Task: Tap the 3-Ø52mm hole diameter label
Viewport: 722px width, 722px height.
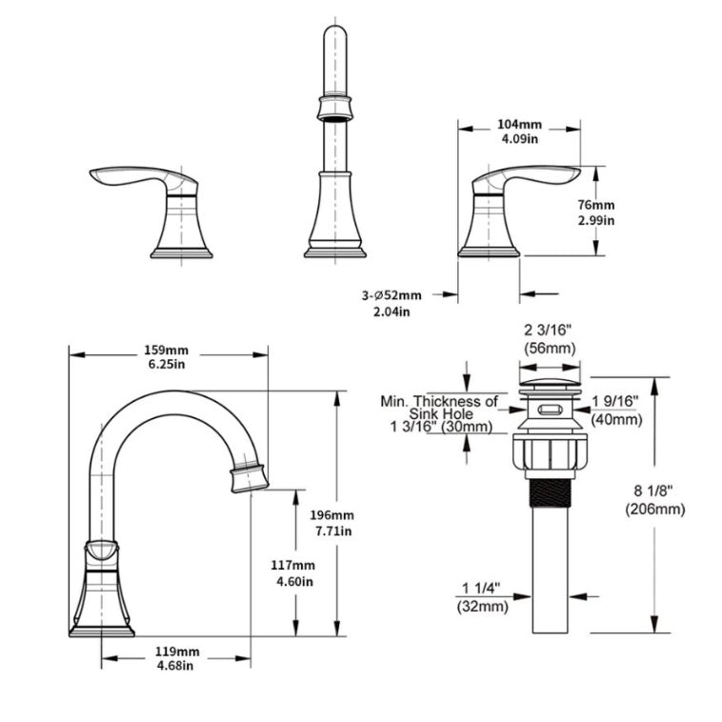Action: [x=391, y=295]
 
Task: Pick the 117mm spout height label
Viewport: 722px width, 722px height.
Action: [x=292, y=564]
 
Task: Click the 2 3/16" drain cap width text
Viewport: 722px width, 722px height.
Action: [x=550, y=330]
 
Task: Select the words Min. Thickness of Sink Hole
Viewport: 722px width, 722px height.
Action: [x=438, y=408]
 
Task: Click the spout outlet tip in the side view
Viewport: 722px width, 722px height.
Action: [x=246, y=475]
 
